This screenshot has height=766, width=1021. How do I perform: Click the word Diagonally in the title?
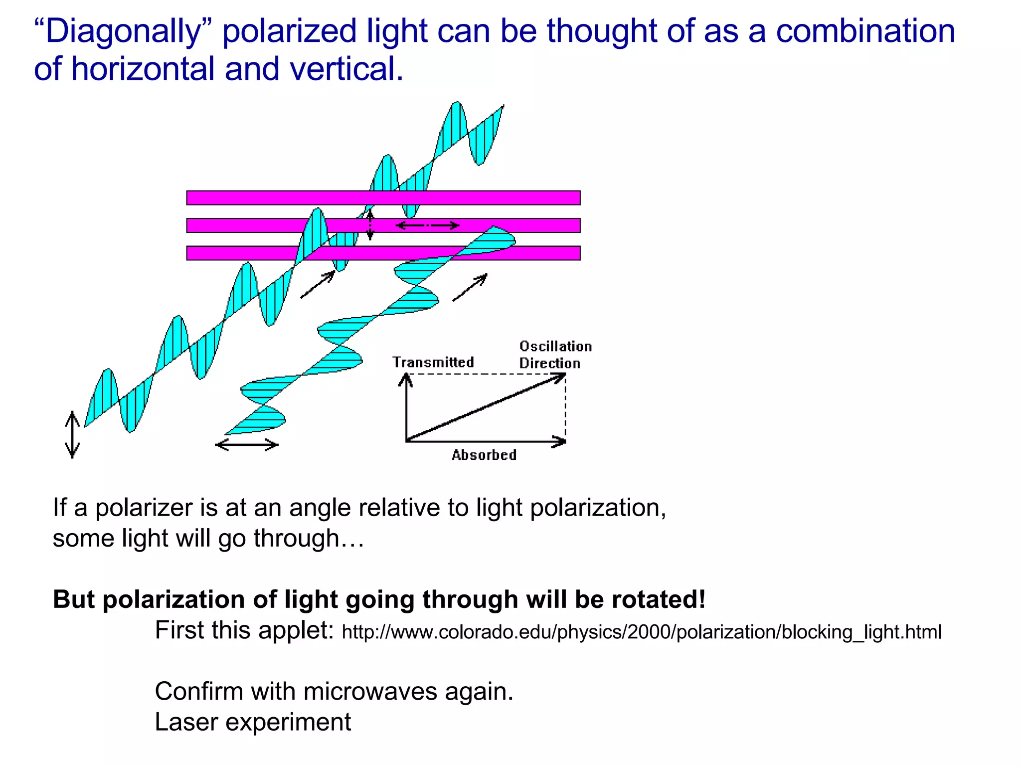(x=123, y=31)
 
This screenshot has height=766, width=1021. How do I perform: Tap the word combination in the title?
(x=865, y=31)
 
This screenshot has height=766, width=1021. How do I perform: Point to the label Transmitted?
(x=433, y=362)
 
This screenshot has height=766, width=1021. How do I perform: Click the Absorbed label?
(x=484, y=455)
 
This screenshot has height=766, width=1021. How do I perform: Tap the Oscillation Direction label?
(x=554, y=355)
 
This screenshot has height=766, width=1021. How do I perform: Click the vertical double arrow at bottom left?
(x=72, y=434)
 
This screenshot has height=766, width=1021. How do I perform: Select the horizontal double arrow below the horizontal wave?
(x=246, y=444)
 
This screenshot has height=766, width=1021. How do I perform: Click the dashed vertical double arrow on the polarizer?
(x=370, y=225)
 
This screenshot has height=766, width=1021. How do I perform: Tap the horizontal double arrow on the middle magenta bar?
(x=427, y=226)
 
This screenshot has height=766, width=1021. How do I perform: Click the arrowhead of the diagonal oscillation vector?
(x=561, y=377)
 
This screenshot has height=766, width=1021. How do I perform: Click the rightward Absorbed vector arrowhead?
(x=561, y=441)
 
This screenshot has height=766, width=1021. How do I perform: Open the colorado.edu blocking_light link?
(x=641, y=632)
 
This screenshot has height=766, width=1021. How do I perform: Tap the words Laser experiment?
(x=253, y=722)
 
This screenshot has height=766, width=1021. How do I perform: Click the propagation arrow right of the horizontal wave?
(x=470, y=288)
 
